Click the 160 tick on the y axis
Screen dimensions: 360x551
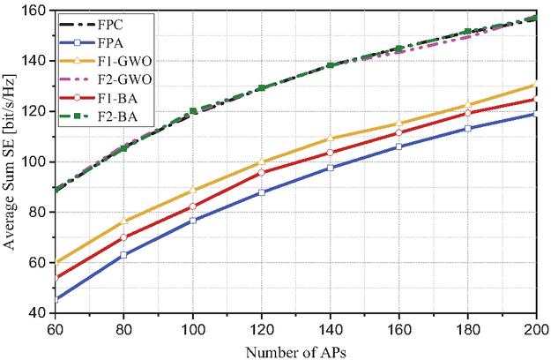36,11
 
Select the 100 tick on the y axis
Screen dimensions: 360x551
36,162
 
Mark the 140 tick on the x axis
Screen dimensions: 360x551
329,326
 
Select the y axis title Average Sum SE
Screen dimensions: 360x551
11,162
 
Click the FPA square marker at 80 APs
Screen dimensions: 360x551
123,254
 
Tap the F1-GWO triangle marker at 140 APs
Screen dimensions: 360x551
329,139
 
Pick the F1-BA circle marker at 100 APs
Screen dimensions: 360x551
191,206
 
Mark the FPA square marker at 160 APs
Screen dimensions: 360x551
398,146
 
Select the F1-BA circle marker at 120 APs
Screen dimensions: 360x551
260,173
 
